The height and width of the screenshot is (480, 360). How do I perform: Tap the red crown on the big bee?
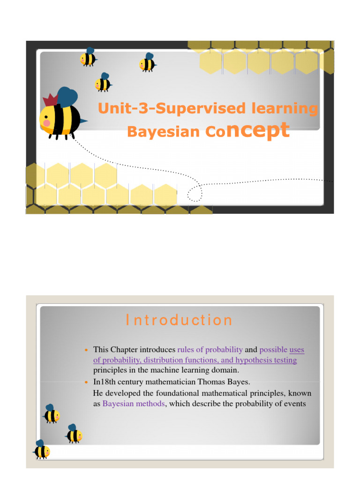50,100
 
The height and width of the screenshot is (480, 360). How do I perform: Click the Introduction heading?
180,320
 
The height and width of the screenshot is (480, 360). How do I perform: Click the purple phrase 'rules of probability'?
210,349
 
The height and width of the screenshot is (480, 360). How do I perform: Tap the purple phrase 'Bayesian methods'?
134,404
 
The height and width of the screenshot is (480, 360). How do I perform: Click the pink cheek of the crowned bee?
47,123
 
